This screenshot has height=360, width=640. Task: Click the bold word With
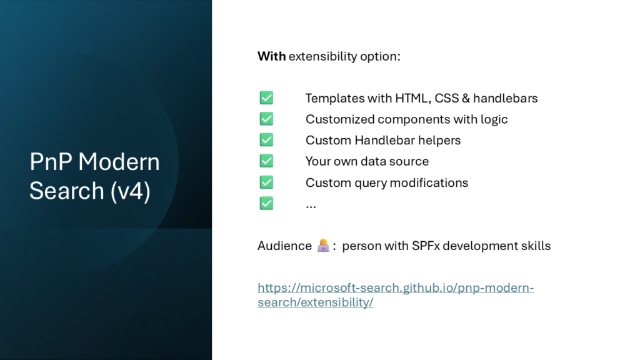(x=271, y=56)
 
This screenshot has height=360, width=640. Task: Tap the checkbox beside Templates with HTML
(x=266, y=98)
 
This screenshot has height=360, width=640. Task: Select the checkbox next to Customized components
(x=266, y=119)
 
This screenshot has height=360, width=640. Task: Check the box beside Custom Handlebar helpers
(x=266, y=140)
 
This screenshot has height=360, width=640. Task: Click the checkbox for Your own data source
(x=266, y=161)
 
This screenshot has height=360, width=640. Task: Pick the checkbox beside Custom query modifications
(x=266, y=182)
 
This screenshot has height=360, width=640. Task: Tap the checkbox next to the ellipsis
(x=266, y=203)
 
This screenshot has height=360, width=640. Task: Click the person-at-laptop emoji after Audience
(x=323, y=245)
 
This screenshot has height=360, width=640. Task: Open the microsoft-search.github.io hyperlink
(x=396, y=295)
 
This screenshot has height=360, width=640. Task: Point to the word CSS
(x=446, y=98)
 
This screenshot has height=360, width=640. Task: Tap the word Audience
(x=284, y=246)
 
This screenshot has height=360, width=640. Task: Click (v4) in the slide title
(x=130, y=191)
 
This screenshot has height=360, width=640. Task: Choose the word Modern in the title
(x=119, y=162)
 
